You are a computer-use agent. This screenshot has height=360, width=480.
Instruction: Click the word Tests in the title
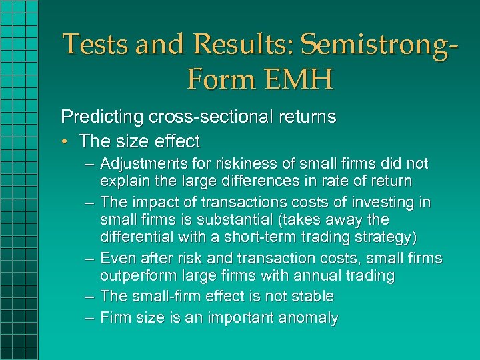[x=95, y=45]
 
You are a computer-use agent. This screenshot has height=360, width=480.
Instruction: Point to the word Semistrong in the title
[x=371, y=45]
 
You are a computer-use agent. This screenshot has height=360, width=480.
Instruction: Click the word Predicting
[x=95, y=117]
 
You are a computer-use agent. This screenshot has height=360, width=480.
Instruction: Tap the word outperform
[x=133, y=275]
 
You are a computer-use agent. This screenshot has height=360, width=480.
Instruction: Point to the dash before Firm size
[x=90, y=318]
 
